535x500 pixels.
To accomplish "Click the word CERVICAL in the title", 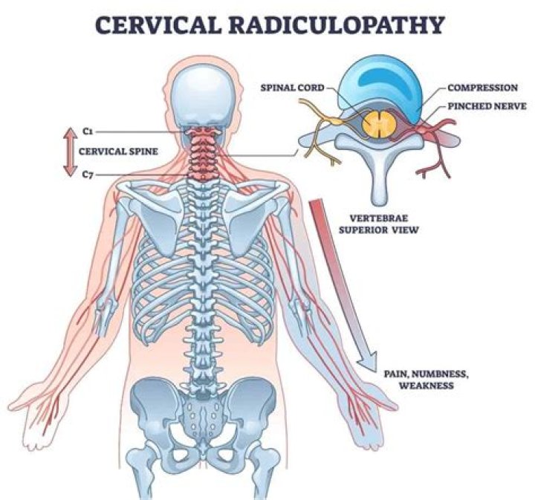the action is pos(158,25).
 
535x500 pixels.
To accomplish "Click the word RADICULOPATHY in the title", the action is pos(335,25).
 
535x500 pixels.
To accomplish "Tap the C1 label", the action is pos(88,131).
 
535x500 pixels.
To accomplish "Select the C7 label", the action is pos(88,175).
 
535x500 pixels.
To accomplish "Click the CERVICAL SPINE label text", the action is pos(118,151).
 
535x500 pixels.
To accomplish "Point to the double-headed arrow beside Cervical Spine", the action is pos(70,152).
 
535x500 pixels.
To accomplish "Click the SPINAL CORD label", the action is pos(293,88).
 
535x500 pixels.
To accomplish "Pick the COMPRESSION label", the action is pos(482,88).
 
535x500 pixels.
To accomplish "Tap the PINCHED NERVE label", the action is pos(487,106).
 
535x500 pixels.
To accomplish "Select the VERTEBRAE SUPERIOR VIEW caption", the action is pos(378,224).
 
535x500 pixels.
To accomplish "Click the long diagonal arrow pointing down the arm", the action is pos(343,285).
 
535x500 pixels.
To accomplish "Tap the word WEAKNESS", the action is pos(427,386).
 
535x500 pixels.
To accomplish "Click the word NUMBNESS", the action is pos(439,374).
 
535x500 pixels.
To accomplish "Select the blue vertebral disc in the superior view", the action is pos(380,92).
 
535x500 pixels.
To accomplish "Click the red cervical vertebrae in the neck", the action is pos(203,152).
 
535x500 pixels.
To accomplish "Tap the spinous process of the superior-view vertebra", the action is pos(380,181).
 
